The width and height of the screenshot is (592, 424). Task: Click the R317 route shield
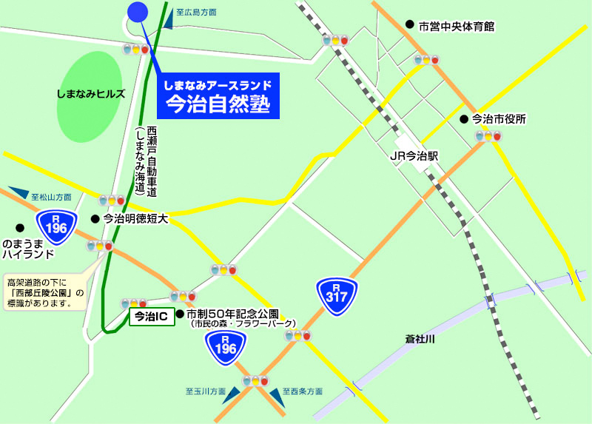(x=337, y=297)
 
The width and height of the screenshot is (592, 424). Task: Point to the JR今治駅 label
(x=414, y=157)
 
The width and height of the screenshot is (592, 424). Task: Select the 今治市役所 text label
(x=499, y=118)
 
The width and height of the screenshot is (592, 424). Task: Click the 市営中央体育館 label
(x=456, y=27)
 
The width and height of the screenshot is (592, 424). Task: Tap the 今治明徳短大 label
(x=136, y=218)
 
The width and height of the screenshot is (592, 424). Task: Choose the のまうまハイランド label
(x=28, y=249)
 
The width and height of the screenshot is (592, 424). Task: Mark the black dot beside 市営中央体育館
(x=409, y=24)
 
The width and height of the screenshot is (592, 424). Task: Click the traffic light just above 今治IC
(x=134, y=303)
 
